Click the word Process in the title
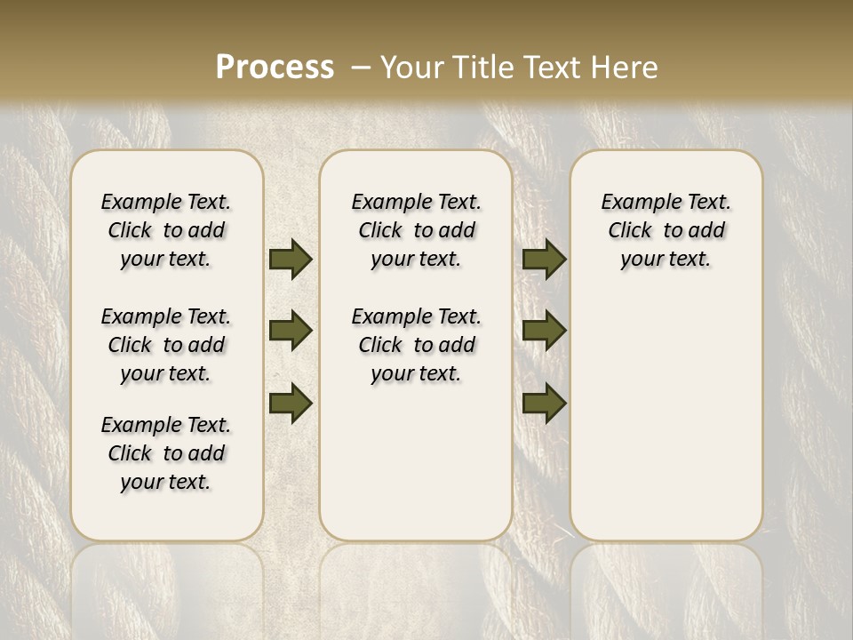[275, 68]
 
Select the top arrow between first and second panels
[291, 259]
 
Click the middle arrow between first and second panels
[291, 331]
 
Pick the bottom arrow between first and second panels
[291, 403]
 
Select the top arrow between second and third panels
[544, 259]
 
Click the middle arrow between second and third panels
[544, 331]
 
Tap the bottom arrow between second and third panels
[544, 403]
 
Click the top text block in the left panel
[166, 230]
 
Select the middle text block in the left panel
[166, 345]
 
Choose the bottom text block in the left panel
[166, 453]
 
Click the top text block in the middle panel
[416, 230]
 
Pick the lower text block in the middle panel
[416, 345]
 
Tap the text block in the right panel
[666, 230]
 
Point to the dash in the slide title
[361, 68]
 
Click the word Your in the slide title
[411, 68]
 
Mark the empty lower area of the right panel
[666, 418]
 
